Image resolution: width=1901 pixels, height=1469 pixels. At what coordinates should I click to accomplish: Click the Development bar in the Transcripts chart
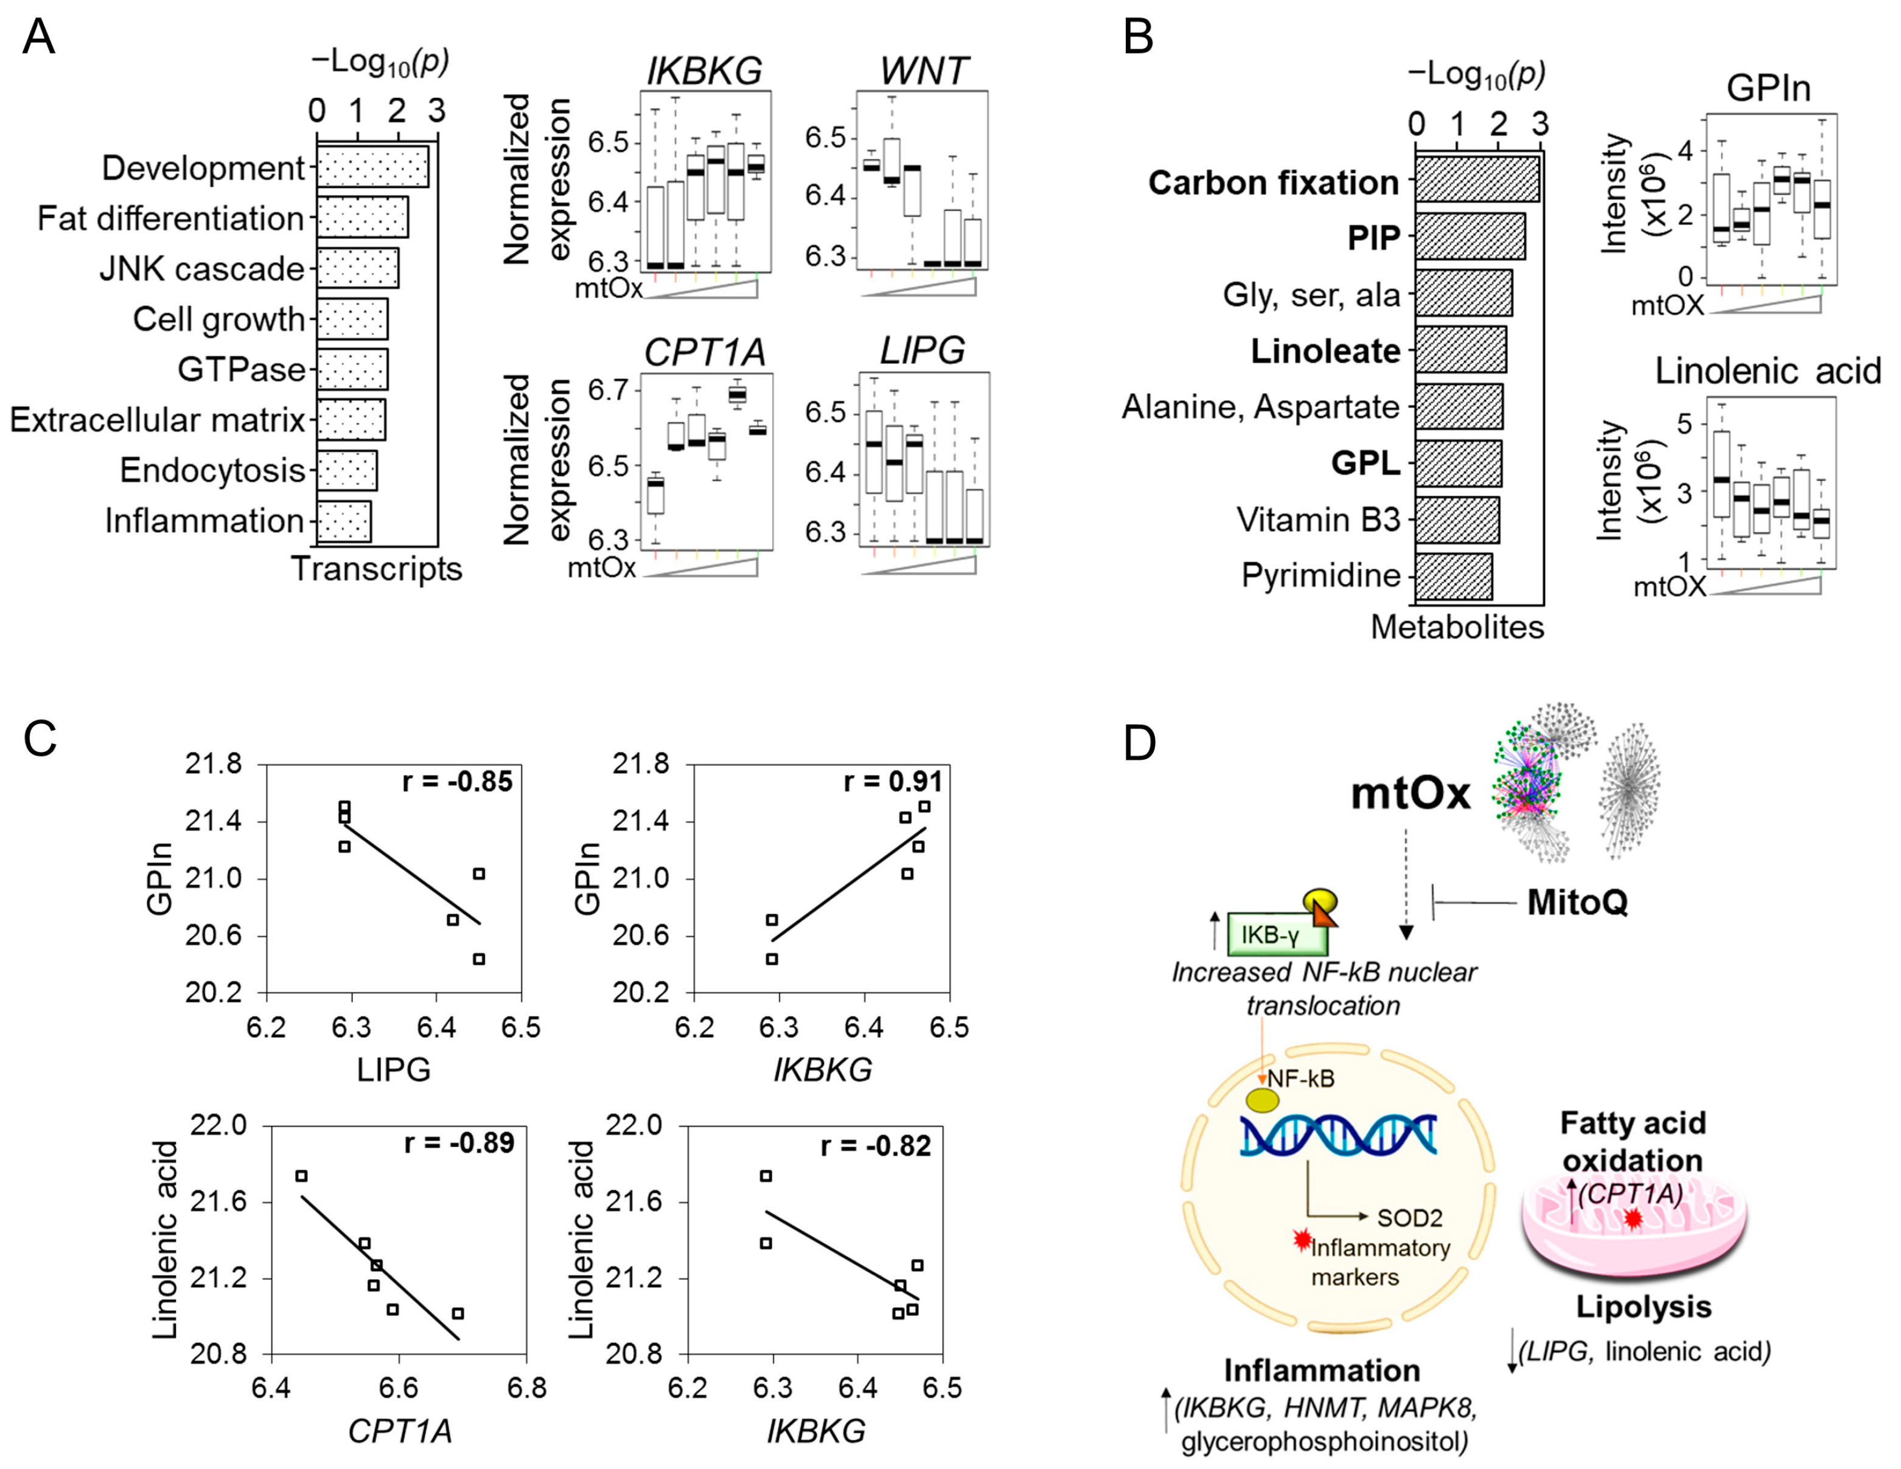pos(372,166)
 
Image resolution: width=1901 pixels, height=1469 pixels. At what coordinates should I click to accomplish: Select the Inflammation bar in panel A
pos(344,521)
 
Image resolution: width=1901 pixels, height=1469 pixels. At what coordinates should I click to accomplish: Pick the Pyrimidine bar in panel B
pos(1454,576)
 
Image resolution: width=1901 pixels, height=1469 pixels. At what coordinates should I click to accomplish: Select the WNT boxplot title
pos(924,71)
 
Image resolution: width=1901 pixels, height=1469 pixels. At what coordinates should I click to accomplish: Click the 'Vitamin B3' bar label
pos(1318,519)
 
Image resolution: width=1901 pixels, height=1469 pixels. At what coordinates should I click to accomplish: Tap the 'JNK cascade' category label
pos(202,269)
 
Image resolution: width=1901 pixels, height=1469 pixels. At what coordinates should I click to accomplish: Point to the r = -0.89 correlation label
pos(459,1142)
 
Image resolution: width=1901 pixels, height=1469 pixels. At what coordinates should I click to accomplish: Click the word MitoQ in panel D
pos(1577,903)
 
